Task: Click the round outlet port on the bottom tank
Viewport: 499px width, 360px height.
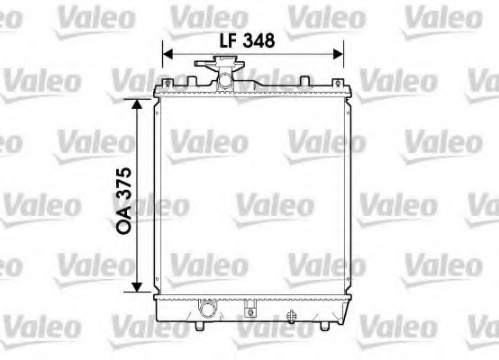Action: pos(206,311)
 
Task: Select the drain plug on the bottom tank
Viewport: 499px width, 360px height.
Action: pos(292,316)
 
